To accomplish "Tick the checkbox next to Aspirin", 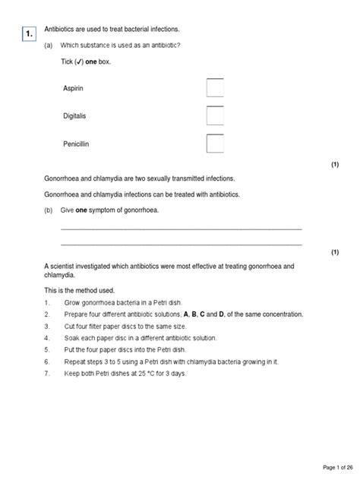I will coord(215,89).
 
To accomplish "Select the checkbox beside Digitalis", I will coord(215,116).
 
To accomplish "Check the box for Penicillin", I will coord(215,144).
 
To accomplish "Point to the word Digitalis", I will coord(77,116).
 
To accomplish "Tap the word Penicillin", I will coord(78,144).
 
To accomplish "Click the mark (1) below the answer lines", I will coord(334,252).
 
